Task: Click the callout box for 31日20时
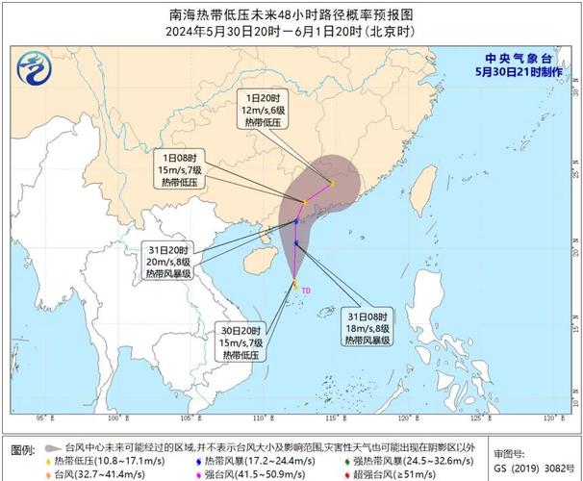click(x=169, y=261)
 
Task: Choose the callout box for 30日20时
click(x=242, y=342)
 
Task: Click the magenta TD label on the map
click(x=306, y=289)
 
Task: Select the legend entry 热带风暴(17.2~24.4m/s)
click(x=255, y=462)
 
